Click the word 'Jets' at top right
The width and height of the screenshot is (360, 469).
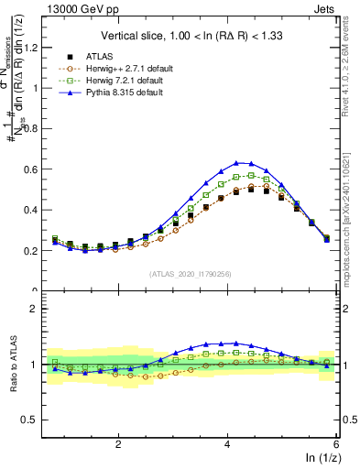(325, 7)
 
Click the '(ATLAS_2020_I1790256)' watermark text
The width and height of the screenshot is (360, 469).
(191, 274)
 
